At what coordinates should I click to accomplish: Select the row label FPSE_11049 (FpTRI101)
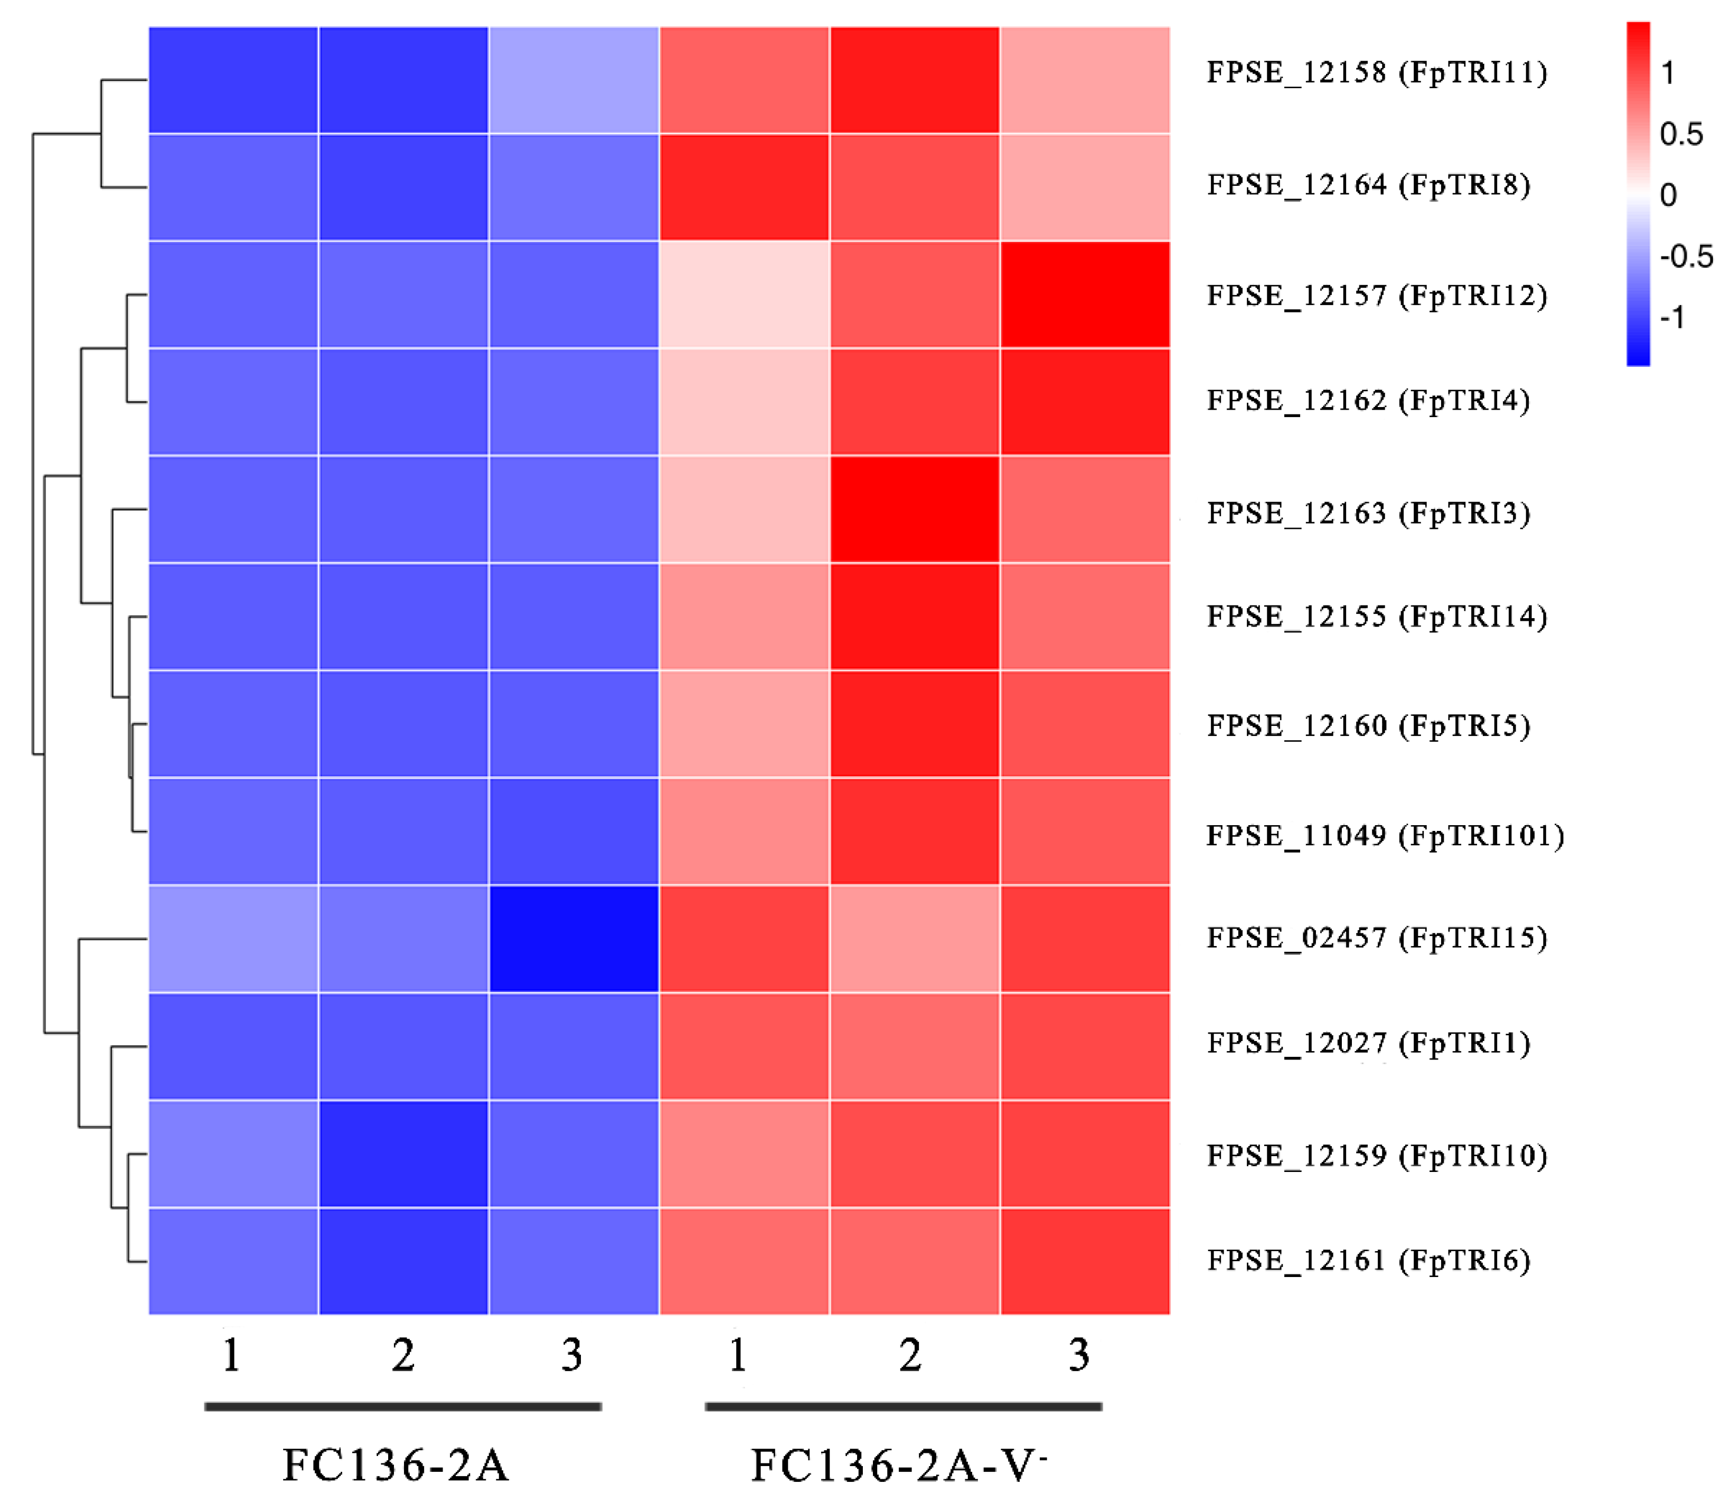click(1384, 835)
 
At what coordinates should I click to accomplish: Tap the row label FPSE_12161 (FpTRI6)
click(1368, 1260)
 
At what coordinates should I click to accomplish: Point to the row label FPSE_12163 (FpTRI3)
click(1368, 513)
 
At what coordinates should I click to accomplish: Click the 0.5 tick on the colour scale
click(1680, 134)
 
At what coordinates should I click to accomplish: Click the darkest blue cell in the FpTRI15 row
click(573, 939)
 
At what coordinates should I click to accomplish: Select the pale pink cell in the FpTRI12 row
click(744, 294)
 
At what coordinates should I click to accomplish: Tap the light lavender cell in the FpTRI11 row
click(573, 80)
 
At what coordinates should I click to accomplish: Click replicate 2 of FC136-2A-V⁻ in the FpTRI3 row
click(914, 509)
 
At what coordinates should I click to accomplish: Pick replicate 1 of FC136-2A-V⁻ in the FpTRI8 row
click(744, 187)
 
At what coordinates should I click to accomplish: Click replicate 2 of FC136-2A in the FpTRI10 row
click(403, 1154)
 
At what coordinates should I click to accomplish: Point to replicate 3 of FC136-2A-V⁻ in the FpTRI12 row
click(1084, 294)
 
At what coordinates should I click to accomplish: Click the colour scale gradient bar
click(1638, 193)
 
